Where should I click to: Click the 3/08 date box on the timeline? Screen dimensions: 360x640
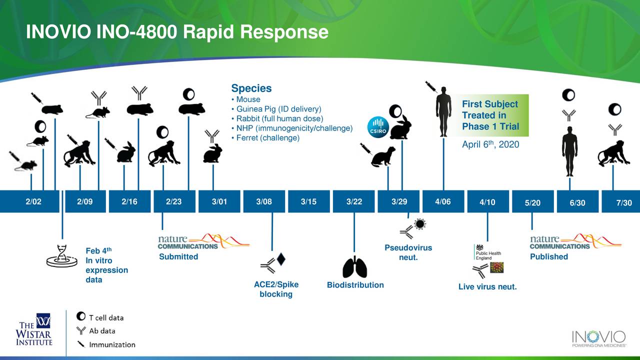[x=264, y=201]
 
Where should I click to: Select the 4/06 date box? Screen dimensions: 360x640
[x=443, y=201]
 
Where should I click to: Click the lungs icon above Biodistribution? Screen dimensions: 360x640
[x=354, y=267]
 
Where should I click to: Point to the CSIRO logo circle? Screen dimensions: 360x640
[x=377, y=126]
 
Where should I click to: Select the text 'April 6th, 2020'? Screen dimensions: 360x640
[x=490, y=144]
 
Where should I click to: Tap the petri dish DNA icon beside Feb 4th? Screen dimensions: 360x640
[x=61, y=256]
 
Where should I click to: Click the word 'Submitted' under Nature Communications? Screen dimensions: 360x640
[x=178, y=257]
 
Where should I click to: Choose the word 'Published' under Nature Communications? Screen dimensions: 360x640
[x=549, y=257]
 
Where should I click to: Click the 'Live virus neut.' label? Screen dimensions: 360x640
[x=487, y=287]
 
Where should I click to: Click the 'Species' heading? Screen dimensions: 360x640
[x=251, y=88]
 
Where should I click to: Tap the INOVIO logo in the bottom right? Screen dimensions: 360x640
[x=598, y=337]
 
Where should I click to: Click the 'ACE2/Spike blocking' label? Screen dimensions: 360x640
[x=276, y=289]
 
